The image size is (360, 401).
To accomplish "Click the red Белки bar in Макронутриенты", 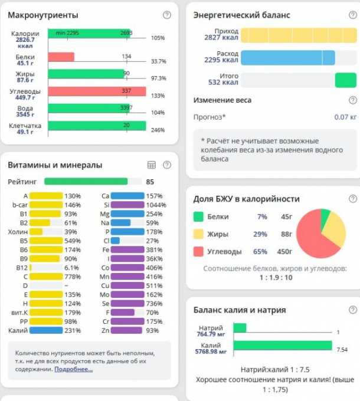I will [61, 57].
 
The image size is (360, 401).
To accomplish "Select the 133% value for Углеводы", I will [158, 96].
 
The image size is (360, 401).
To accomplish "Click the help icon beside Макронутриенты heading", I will [167, 15].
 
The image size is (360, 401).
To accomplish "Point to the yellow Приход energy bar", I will [298, 35].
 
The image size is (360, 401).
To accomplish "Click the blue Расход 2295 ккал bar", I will [288, 57].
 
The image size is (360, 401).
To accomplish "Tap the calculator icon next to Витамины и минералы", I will [151, 165].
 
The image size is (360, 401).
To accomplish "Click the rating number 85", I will [150, 182].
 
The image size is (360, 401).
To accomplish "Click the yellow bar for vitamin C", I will [46, 277].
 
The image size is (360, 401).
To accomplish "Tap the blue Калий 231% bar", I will [46, 331].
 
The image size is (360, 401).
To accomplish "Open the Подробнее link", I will [73, 369].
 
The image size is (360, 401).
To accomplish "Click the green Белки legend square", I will [198, 217].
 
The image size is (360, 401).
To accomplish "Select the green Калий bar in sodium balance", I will [282, 345].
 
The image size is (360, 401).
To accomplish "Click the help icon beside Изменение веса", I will [353, 100].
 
